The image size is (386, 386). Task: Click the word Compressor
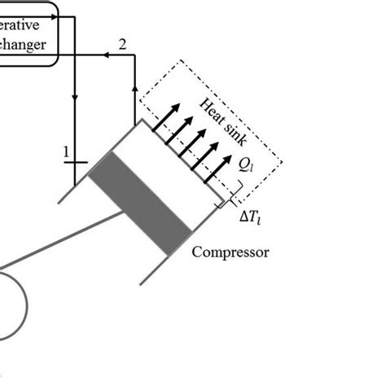(230, 252)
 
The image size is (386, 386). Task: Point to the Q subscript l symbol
(244, 165)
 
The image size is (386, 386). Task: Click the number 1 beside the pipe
(65, 151)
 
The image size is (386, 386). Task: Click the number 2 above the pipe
(122, 43)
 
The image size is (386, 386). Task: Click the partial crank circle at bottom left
(11, 305)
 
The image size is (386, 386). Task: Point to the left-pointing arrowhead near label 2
(105, 55)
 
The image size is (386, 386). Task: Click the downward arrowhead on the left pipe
(75, 99)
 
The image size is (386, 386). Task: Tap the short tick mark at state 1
(75, 162)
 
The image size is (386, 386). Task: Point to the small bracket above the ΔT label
(233, 194)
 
